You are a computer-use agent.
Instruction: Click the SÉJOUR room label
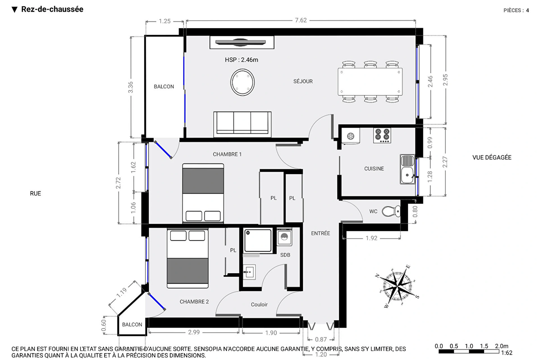(303, 81)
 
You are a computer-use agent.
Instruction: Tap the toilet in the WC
(391, 211)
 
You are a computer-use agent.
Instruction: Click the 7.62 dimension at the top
(301, 20)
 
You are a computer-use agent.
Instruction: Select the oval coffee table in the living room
(243, 82)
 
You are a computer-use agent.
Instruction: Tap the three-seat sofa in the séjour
(242, 124)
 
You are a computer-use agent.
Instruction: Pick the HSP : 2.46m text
(241, 60)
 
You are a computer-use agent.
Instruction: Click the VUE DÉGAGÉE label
(492, 158)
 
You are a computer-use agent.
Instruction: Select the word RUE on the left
(35, 194)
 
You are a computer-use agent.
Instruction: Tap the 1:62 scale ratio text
(507, 353)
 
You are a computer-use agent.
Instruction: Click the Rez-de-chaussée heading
(52, 9)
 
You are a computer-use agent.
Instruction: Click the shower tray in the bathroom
(257, 240)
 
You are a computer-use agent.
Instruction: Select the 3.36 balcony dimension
(131, 87)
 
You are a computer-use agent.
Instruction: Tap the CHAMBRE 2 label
(194, 302)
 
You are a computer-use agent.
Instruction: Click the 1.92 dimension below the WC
(371, 238)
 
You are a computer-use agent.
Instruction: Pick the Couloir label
(259, 304)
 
